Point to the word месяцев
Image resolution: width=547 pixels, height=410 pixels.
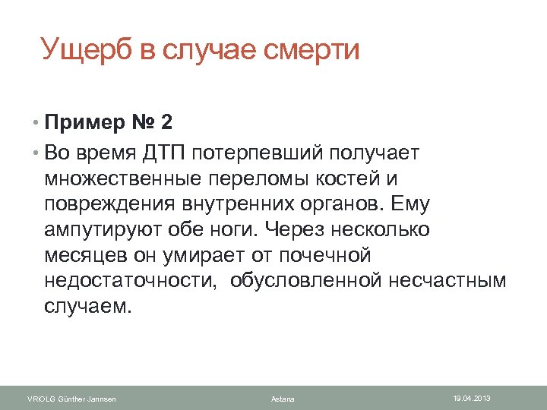point(81,255)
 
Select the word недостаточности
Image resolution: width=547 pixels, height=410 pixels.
point(125,281)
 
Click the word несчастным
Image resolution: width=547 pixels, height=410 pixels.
point(447,281)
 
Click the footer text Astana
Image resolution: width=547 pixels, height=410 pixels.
point(283,399)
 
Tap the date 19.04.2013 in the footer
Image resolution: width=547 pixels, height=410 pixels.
point(473,399)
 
